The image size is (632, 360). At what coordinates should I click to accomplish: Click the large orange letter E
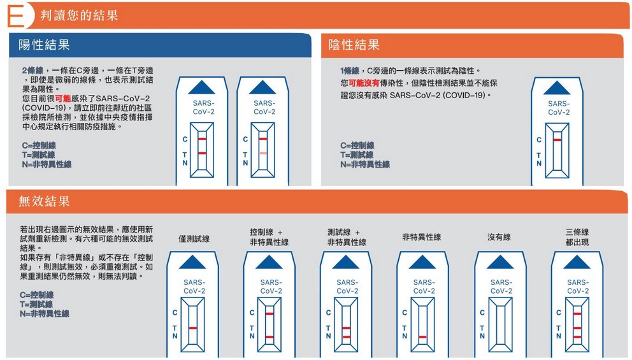pyautogui.click(x=15, y=16)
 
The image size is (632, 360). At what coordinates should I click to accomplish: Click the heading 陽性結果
pyautogui.click(x=44, y=45)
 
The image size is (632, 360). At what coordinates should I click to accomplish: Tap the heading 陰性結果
pyautogui.click(x=354, y=45)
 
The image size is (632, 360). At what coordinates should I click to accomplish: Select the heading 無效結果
pyautogui.click(x=44, y=201)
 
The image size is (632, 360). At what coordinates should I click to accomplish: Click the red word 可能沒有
pyautogui.click(x=364, y=83)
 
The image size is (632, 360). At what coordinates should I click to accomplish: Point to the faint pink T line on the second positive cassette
pyautogui.click(x=262, y=153)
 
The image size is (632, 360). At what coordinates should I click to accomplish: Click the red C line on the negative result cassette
pyautogui.click(x=557, y=140)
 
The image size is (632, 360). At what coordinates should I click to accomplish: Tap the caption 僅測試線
pyautogui.click(x=194, y=239)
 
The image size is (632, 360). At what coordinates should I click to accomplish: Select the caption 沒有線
pyautogui.click(x=499, y=237)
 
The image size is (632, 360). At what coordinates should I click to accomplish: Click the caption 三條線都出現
pyautogui.click(x=577, y=237)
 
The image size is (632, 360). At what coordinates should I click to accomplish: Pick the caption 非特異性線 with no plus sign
pyautogui.click(x=421, y=237)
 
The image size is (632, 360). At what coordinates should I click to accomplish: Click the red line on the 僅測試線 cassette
pyautogui.click(x=192, y=328)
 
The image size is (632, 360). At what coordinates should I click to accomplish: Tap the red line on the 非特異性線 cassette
pyautogui.click(x=422, y=336)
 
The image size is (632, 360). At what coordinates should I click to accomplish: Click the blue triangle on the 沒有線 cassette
pyautogui.click(x=499, y=262)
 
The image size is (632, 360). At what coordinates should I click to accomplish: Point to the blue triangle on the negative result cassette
pyautogui.click(x=557, y=88)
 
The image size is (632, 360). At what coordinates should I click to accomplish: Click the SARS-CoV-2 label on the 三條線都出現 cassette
pyautogui.click(x=578, y=287)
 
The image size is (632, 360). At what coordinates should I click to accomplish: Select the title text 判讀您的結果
pyautogui.click(x=79, y=15)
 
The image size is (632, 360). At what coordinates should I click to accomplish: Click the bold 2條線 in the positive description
pyautogui.click(x=32, y=71)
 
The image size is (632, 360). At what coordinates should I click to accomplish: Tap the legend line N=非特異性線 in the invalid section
pyautogui.click(x=45, y=313)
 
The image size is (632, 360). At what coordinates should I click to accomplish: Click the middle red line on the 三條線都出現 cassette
pyautogui.click(x=577, y=328)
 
